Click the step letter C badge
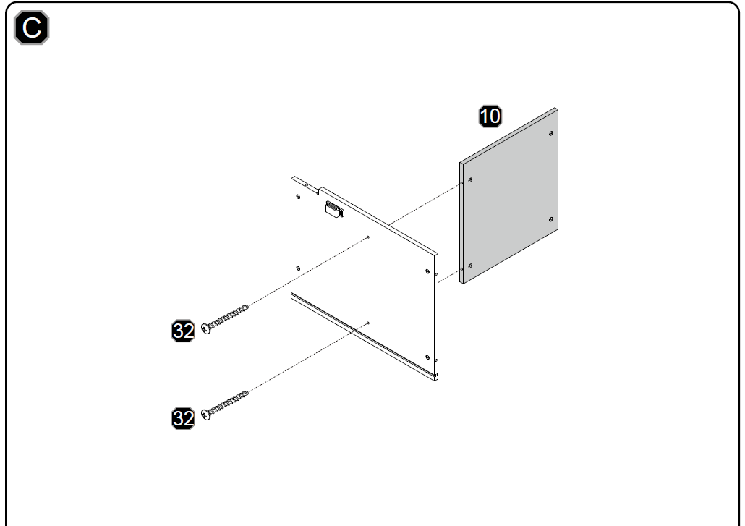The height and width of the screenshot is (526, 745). [31, 27]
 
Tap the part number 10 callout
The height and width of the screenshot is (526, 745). [490, 116]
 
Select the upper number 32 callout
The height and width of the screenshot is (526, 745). [183, 331]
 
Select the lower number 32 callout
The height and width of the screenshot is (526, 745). [183, 418]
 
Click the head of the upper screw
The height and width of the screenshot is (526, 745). [206, 328]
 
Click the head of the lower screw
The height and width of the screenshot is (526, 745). [205, 415]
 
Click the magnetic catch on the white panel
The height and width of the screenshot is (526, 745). [335, 209]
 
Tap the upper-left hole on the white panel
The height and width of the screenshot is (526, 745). [298, 196]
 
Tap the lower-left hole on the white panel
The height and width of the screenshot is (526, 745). [298, 268]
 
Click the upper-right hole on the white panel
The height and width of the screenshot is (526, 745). [427, 271]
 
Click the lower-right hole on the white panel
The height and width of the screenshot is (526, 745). [427, 357]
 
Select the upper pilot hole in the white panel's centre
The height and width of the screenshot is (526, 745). [368, 237]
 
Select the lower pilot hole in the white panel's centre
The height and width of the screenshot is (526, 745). [368, 323]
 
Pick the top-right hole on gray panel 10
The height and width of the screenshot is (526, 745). [551, 134]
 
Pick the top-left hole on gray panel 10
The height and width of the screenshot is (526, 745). [470, 180]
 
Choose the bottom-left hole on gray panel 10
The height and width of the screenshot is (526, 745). [470, 266]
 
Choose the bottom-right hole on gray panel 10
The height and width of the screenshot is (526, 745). [551, 219]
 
